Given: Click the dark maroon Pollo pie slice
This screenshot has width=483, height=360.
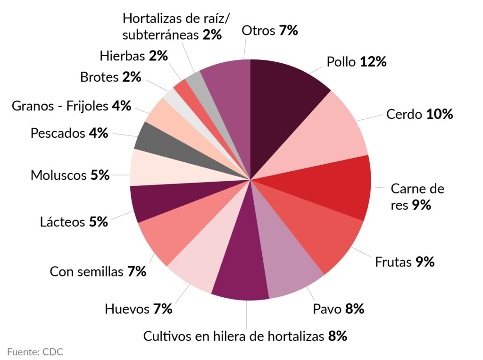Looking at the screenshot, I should pyautogui.click(x=283, y=94).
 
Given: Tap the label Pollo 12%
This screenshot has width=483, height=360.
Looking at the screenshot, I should pyautogui.click(x=357, y=62).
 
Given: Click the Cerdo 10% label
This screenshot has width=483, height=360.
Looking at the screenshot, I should pyautogui.click(x=419, y=114).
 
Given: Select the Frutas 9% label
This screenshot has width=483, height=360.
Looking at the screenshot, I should pyautogui.click(x=404, y=262).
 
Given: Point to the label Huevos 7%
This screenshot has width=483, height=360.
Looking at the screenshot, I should pyautogui.click(x=138, y=310).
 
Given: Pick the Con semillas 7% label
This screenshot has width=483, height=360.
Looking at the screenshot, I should pyautogui.click(x=98, y=272).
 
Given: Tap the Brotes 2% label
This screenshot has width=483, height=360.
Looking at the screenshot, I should pyautogui.click(x=110, y=77).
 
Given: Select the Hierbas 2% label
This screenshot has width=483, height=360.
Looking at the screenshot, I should pyautogui.click(x=133, y=56).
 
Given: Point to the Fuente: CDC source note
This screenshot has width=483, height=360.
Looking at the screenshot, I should pyautogui.click(x=35, y=352).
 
